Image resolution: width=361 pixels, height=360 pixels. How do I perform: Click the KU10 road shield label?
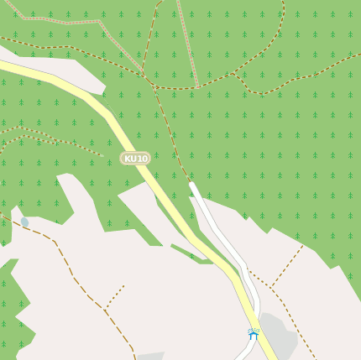[x=135, y=158]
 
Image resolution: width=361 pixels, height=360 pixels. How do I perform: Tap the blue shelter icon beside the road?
[x=253, y=333]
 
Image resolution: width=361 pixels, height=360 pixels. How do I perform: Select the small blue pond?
[x=24, y=222]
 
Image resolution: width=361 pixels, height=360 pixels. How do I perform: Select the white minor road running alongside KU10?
[x=220, y=235]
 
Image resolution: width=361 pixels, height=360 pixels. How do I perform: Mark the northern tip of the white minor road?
[x=192, y=184]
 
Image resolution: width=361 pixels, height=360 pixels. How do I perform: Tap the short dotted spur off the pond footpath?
[x=116, y=295]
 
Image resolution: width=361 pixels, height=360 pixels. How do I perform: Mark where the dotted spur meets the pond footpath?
[x=105, y=308]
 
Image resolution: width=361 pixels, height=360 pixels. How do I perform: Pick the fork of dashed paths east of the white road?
[x=271, y=287]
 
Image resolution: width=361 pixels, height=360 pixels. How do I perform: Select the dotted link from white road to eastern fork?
[x=259, y=279]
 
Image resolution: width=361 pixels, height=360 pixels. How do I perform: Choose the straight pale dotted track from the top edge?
[x=187, y=42]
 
